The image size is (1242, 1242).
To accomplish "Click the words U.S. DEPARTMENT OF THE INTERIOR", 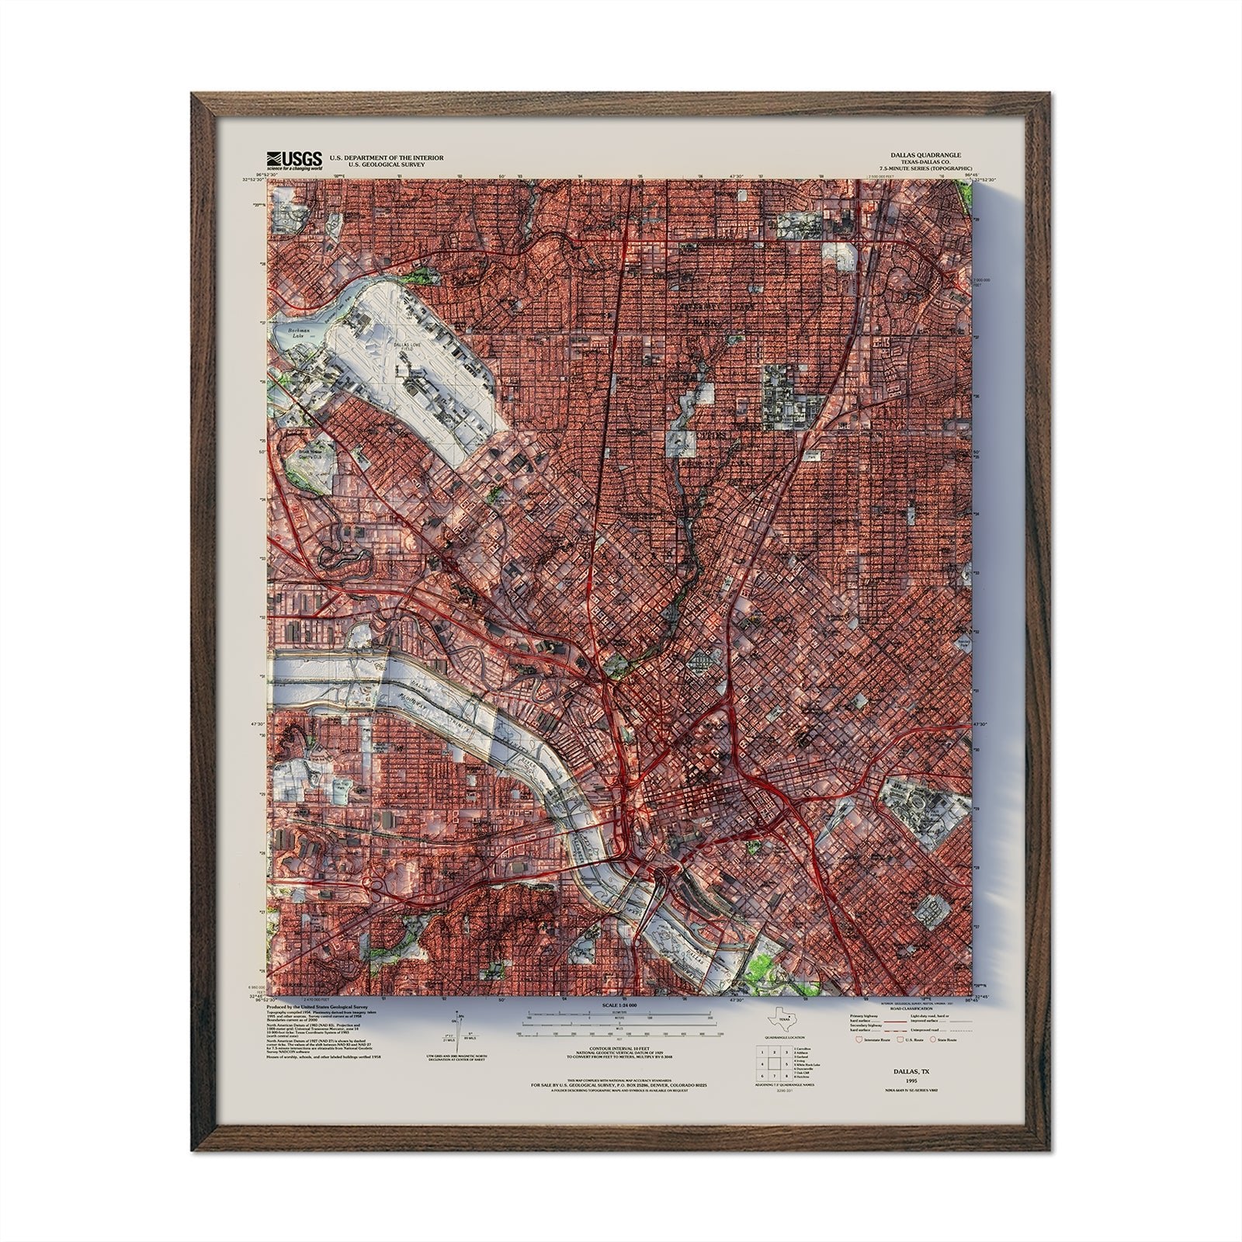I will click(x=387, y=158).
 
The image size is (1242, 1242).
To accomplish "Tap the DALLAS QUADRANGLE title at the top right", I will click(x=928, y=155).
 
